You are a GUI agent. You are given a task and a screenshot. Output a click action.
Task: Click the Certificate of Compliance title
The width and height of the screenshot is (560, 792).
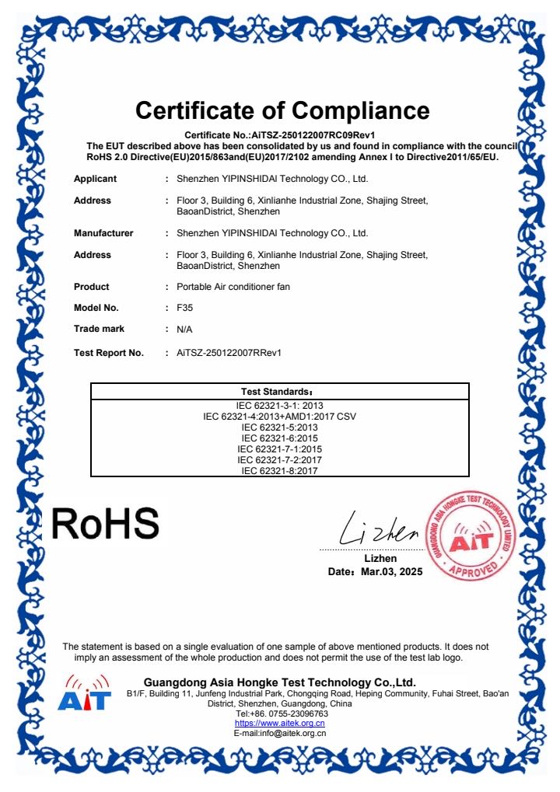(x=282, y=110)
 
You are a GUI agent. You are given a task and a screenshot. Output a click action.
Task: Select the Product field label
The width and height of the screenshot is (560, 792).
(x=92, y=287)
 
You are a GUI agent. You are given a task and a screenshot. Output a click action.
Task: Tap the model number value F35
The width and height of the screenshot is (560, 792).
(x=184, y=308)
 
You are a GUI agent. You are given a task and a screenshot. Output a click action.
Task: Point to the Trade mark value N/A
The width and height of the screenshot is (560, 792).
(x=184, y=330)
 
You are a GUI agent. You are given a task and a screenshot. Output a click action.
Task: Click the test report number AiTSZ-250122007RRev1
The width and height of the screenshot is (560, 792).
(x=229, y=353)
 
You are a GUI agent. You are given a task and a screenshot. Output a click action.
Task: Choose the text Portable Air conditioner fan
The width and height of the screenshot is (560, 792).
(x=233, y=287)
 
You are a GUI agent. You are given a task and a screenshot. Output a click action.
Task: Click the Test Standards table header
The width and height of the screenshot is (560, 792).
(x=279, y=391)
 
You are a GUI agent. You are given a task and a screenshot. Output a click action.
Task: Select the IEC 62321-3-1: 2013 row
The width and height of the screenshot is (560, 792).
(x=279, y=406)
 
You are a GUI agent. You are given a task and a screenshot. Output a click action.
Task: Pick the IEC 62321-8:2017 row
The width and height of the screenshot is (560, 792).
(x=279, y=470)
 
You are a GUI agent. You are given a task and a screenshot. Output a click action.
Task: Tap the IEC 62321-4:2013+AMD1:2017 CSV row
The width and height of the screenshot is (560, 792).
(x=279, y=417)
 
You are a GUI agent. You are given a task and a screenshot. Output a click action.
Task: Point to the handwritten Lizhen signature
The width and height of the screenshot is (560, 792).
(x=380, y=531)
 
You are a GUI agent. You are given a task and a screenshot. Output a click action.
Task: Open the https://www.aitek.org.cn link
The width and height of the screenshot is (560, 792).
(x=279, y=723)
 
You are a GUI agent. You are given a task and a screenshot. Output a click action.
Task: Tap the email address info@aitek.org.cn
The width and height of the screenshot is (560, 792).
(x=294, y=733)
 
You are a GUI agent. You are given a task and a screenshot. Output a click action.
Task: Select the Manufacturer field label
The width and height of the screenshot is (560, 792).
(x=103, y=233)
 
